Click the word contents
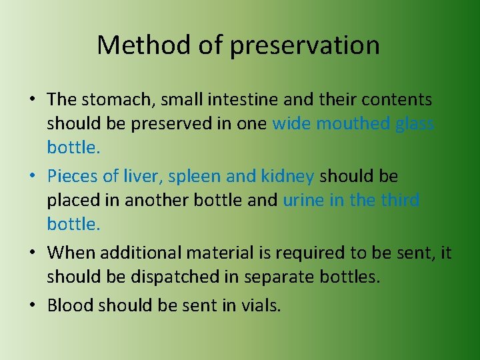click(397, 100)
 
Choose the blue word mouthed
click(353, 124)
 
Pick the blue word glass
click(415, 124)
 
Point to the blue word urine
click(303, 200)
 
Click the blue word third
click(399, 200)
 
